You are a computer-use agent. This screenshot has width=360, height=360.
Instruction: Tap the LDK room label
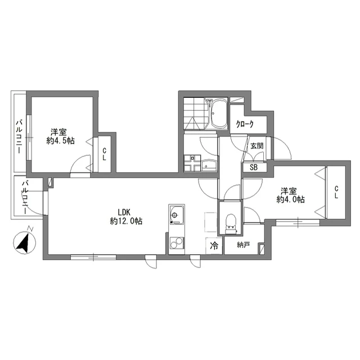(x=124, y=211)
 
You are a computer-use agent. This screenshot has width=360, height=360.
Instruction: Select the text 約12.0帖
(x=126, y=221)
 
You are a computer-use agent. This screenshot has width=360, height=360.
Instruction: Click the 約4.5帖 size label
(x=61, y=141)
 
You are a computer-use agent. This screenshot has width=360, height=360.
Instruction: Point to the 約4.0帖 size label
(x=290, y=200)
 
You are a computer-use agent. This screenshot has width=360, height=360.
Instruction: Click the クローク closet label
(x=245, y=124)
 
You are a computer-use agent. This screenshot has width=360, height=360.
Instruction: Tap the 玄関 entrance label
(x=257, y=146)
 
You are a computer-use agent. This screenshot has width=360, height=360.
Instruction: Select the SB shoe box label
(x=254, y=168)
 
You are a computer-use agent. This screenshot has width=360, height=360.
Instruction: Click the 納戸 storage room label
(x=243, y=245)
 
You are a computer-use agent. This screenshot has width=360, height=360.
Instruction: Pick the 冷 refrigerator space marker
(x=214, y=246)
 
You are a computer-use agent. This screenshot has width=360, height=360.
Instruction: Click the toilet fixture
(x=231, y=224)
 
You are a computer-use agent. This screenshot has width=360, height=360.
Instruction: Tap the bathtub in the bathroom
(x=219, y=114)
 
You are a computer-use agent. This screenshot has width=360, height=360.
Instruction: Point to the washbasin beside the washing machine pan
(x=209, y=165)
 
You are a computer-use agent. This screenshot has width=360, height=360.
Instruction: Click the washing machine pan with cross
(x=192, y=163)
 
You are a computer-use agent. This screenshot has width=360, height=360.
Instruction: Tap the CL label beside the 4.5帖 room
(x=105, y=154)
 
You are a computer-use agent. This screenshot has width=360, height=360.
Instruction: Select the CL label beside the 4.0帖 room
(x=336, y=192)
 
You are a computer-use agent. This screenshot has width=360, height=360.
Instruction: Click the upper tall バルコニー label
(x=19, y=136)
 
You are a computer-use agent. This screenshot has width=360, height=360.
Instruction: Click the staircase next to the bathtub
(x=196, y=114)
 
